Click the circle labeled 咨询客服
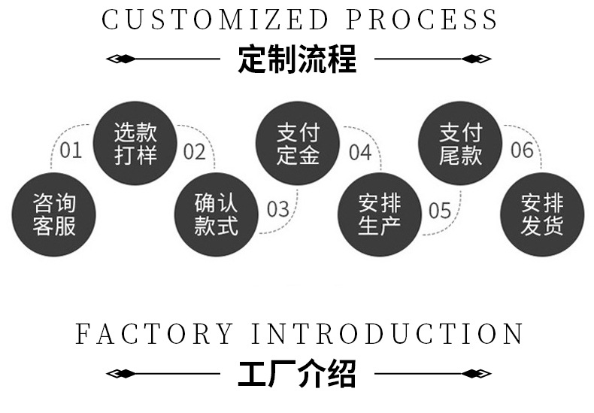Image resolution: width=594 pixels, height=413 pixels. coord(54,214)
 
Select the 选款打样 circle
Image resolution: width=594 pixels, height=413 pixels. coord(135,144)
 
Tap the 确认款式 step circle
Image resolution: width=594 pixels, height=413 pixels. coord(216,214)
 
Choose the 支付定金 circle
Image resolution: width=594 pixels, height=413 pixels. coord(299,144)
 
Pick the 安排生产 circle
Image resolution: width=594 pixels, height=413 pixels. coord(379,214)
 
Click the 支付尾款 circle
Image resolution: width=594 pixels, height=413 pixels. coord(460,144)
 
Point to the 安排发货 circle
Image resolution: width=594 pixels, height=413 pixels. coord(541,214)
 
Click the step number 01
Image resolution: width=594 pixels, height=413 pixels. coord(71,150)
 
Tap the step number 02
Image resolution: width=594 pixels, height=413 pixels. coord(194,152)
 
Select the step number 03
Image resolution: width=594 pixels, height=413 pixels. coord(278,209)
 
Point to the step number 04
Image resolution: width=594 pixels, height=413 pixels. coord(360,152)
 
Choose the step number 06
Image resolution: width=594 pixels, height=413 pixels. coord(522,150)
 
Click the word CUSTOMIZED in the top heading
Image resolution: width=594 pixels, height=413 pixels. coord(216,20)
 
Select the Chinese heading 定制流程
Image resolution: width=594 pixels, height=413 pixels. coord(297,59)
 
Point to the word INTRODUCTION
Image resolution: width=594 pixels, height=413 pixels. coord(387,333)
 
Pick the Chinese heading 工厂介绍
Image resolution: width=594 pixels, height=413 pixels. coord(297,373)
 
